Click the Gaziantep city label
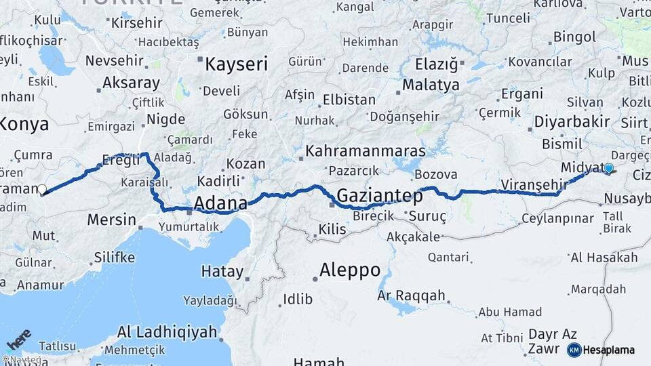coord(379,196)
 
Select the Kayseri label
coord(236,64)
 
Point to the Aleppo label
coord(350,270)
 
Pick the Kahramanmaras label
coord(366,150)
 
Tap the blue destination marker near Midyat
coord(608,169)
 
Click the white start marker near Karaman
coord(42,190)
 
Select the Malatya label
coord(431,85)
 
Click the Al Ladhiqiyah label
coord(167,332)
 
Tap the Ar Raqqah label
coord(411,296)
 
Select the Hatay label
coord(222,272)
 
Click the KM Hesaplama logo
coord(601,350)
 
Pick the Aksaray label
coord(131,83)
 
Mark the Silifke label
coord(114,258)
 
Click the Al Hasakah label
coord(604,258)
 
